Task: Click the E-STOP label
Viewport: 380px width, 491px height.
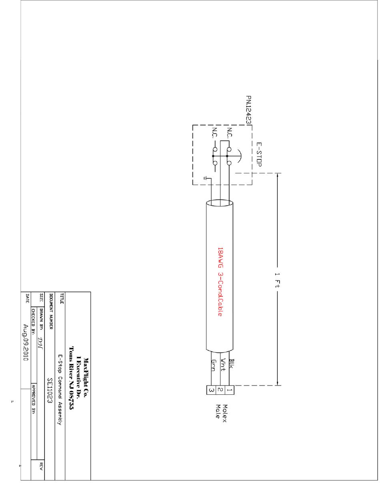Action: (x=259, y=154)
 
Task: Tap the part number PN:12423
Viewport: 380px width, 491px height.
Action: (x=248, y=110)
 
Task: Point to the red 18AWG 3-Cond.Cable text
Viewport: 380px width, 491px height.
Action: (x=220, y=282)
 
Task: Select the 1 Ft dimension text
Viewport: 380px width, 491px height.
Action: (x=277, y=280)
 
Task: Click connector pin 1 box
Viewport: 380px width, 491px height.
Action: (x=229, y=390)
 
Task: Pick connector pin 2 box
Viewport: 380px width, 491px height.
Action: (x=220, y=390)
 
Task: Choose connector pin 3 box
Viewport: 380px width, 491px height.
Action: (x=212, y=390)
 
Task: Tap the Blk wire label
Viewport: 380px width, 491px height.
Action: (x=232, y=364)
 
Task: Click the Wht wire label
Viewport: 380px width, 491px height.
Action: (x=223, y=364)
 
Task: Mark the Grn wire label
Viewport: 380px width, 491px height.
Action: (x=214, y=365)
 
